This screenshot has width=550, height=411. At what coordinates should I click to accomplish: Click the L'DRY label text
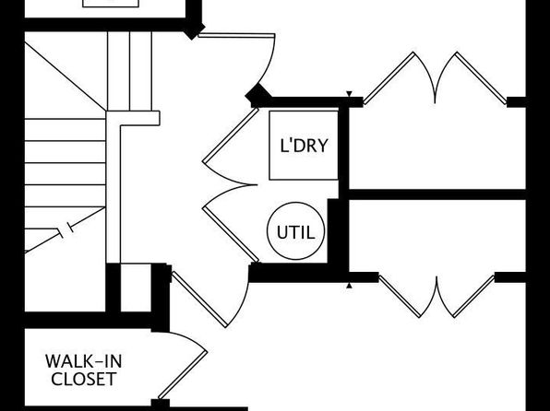coord(305,146)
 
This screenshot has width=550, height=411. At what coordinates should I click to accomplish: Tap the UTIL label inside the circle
coord(295,232)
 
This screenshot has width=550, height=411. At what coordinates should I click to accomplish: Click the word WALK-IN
coord(83,361)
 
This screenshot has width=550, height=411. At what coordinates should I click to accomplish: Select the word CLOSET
coord(84,379)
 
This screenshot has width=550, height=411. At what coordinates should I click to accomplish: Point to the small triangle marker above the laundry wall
coord(349,94)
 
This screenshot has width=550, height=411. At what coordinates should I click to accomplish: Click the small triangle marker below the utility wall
coord(349,286)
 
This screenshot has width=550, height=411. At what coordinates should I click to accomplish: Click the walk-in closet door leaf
coord(183,375)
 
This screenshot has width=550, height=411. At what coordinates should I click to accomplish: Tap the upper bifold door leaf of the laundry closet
coord(231,135)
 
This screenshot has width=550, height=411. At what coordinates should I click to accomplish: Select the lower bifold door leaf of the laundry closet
coord(231,235)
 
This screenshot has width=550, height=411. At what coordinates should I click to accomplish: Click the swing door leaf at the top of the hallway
coord(236,35)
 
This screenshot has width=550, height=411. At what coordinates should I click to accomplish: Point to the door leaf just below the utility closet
coord(199,299)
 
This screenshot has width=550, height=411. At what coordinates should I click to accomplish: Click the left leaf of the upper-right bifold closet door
coord(389,78)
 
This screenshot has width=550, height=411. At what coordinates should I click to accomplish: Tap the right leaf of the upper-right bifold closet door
coord(482,78)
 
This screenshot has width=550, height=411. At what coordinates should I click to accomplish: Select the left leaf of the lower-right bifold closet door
coord(400,297)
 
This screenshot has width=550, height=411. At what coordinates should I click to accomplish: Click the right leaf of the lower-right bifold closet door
coord(473,297)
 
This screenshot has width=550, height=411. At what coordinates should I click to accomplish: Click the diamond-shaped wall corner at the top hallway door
coord(193,30)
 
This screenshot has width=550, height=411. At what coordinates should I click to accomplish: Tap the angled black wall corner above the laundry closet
coord(258,96)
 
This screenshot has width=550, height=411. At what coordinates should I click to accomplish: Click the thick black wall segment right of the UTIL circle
coord(333,231)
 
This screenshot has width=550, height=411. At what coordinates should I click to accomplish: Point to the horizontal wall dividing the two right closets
coord(437,194)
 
